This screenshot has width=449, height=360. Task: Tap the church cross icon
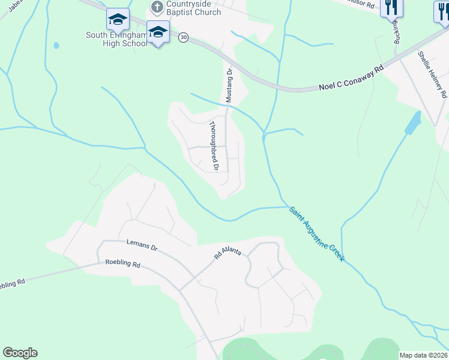coord(157,7)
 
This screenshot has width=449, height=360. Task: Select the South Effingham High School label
coord(116,39)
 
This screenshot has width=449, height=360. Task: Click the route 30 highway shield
coord(183,37)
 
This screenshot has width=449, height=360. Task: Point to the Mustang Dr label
coord(229,85)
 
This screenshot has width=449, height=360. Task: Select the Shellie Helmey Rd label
coord(432,74)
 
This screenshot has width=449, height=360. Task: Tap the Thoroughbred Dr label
coord(213,145)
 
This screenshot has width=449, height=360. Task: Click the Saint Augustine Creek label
coord(316,234)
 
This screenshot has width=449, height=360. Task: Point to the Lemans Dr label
coord(142,245)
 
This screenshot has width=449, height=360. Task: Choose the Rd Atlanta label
coord(228,253)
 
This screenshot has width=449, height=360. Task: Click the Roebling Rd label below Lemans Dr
coord(122,263)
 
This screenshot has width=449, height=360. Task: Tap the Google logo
coord(20,353)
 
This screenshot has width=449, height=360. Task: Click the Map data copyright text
coord(424,355)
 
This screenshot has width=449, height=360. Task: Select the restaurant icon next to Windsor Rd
coord(392,7)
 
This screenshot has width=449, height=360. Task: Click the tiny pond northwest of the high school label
coord(56,45)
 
